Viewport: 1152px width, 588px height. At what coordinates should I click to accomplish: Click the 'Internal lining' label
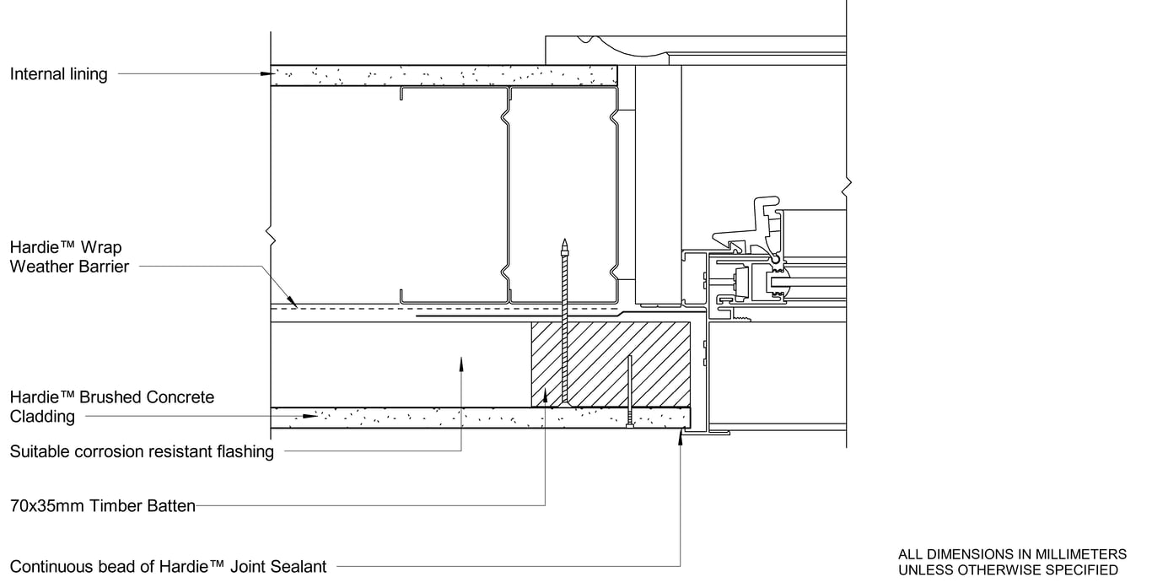coord(59,74)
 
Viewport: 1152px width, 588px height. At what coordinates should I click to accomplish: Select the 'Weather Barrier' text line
coord(69,267)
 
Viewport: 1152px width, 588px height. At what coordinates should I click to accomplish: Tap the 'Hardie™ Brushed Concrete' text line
coord(112,397)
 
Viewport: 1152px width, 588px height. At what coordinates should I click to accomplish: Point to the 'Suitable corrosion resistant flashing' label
coord(142,452)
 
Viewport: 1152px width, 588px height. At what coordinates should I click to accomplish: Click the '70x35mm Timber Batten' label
coord(103,507)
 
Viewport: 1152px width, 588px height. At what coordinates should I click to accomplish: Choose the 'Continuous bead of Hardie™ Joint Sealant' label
coord(168,567)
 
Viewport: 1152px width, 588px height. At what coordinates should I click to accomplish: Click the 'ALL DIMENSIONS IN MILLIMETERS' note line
coord(1012,554)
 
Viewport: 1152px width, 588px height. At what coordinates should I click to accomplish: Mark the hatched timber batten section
coord(607,363)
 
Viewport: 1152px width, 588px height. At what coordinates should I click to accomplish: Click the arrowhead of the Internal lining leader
coord(266,74)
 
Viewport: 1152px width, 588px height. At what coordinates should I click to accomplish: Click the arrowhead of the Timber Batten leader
coord(546,393)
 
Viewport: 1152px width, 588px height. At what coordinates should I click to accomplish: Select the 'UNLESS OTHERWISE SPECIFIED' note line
coord(1008,570)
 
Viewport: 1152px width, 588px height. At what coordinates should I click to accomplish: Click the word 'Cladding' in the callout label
coord(42,417)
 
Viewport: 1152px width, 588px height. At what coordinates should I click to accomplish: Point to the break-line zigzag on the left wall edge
coord(270,233)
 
